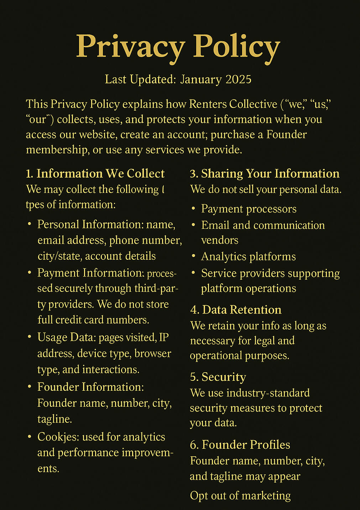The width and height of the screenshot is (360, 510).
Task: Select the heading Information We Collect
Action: tap(100, 174)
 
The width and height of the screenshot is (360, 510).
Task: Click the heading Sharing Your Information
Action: tap(270, 174)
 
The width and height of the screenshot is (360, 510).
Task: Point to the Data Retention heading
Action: tap(241, 310)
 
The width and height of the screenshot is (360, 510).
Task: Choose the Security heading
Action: tap(223, 377)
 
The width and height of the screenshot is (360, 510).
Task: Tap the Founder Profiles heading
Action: tap(245, 445)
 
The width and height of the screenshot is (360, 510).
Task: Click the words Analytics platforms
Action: tap(248, 257)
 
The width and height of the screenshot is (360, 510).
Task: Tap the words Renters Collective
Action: tap(233, 104)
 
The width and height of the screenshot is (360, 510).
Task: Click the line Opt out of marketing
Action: tap(240, 496)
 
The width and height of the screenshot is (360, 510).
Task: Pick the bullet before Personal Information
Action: tap(30, 225)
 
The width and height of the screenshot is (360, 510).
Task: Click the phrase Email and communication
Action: tap(263, 225)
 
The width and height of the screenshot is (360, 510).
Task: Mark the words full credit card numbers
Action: tap(93, 320)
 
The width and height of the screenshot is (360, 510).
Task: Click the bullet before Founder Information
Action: tap(30, 387)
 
